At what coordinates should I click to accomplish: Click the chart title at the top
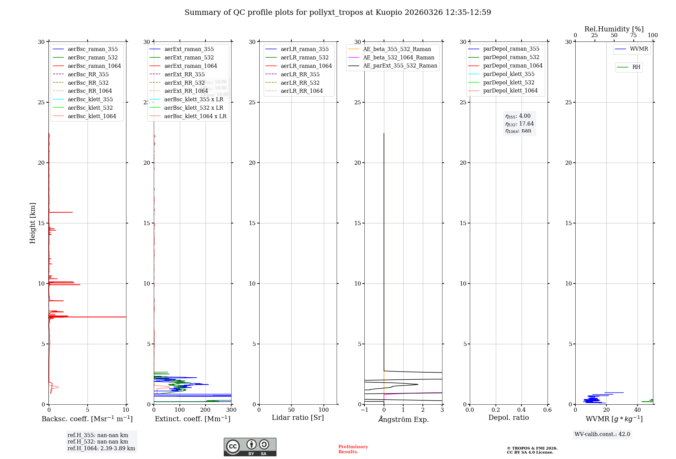tap(338, 12)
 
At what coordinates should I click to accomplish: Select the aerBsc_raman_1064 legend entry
tap(94, 66)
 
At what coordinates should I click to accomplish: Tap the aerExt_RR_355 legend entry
tap(184, 74)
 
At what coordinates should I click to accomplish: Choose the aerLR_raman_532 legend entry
tap(304, 57)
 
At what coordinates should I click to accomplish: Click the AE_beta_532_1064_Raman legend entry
tap(399, 57)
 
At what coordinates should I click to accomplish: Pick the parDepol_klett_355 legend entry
tap(509, 74)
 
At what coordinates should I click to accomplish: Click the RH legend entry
tap(636, 67)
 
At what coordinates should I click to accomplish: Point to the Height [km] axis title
tap(32, 223)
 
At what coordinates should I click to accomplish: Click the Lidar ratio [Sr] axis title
tap(298, 417)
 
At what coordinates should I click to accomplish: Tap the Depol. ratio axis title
tap(508, 417)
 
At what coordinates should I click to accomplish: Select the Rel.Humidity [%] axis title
tap(614, 29)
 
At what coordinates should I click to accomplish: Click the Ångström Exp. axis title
tap(403, 419)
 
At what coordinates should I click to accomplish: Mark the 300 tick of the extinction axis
tap(231, 410)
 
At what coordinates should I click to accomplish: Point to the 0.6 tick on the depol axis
tap(547, 410)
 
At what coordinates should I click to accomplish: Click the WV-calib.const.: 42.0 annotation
tap(602, 434)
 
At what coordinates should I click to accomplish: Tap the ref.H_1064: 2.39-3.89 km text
tap(101, 449)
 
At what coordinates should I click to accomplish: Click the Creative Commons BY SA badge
tap(250, 447)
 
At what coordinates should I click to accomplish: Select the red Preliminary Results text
tap(353, 449)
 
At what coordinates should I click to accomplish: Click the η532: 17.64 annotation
tap(520, 124)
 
